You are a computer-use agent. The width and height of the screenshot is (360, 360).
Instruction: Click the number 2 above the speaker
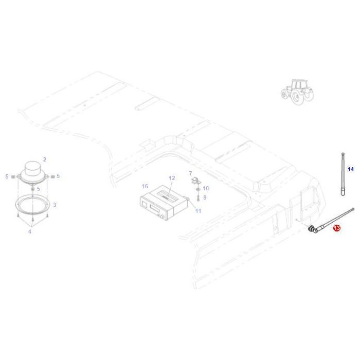[45, 159]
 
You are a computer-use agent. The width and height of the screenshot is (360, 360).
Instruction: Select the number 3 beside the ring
[55, 205]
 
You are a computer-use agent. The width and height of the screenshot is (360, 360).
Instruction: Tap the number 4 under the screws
[30, 232]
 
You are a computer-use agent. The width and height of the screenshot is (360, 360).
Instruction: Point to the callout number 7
[190, 173]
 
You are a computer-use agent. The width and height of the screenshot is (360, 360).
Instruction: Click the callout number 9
[205, 197]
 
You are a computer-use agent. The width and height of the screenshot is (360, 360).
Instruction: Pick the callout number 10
[206, 189]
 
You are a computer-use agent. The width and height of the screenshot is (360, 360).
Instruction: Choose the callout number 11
[198, 211]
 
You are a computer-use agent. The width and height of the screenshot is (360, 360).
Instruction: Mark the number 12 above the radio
[172, 178]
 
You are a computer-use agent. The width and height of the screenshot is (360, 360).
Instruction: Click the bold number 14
[351, 169]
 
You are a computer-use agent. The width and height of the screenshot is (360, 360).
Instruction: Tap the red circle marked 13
[336, 228]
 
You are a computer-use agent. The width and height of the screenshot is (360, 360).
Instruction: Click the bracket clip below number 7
[195, 181]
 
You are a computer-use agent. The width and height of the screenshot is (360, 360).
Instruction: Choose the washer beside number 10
[197, 189]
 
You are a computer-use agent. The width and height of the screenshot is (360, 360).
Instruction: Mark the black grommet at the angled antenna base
[312, 230]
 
